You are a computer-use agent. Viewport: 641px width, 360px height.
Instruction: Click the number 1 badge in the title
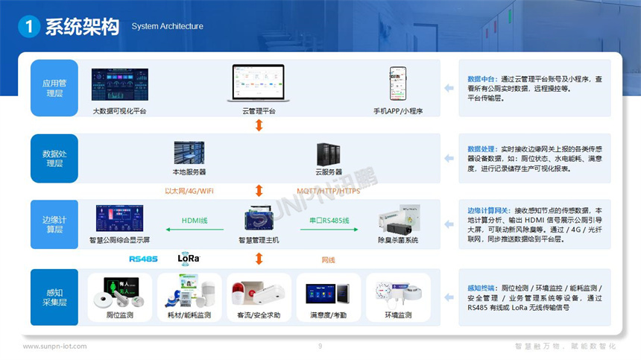tap(29, 27)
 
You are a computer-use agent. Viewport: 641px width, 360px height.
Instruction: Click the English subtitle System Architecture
tap(167, 27)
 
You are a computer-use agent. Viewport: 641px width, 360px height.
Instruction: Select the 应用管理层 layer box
tap(54, 88)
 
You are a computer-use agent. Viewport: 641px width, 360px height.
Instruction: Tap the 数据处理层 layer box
tap(54, 158)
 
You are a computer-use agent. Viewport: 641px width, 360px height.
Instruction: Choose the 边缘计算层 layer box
tap(54, 224)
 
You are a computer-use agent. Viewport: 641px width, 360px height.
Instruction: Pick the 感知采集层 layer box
tap(54, 297)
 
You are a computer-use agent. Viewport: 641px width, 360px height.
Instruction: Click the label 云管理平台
tap(259, 111)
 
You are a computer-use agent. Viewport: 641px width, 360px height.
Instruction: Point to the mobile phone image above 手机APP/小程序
tap(398, 85)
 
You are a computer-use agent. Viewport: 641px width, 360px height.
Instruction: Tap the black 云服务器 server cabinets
tap(329, 154)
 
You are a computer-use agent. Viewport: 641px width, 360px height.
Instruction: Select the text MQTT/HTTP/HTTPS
tap(328, 192)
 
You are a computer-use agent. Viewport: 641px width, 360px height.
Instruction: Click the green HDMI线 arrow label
tap(195, 221)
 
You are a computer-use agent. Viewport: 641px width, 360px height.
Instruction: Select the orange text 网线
tap(329, 260)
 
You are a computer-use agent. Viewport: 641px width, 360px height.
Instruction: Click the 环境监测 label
tap(398, 315)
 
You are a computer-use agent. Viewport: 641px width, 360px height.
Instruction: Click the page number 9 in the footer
tap(320, 347)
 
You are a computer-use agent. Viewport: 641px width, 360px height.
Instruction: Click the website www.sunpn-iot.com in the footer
tap(54, 347)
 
